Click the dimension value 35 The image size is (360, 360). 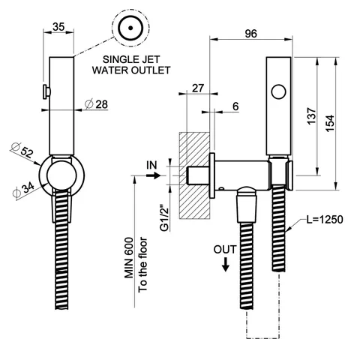tap(58, 27)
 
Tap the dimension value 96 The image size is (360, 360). tap(250, 34)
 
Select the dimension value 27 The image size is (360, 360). tap(198, 88)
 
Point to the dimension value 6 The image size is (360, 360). tap(235, 106)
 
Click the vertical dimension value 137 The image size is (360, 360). tap(312, 116)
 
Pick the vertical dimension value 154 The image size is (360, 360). tap(330, 123)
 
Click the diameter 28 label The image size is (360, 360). tap(96, 104)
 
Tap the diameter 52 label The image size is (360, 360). tap(22, 150)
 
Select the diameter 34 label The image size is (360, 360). tap(23, 190)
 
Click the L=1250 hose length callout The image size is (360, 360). tap(325, 220)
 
